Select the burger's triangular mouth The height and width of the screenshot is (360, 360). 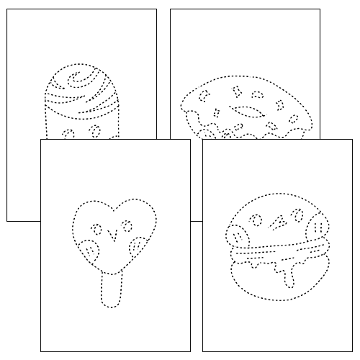pos(276,225)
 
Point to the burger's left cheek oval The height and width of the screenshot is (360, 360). pos(237,235)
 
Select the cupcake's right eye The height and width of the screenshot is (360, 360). pos(94,131)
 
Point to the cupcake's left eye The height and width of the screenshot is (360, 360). pos(69,134)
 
